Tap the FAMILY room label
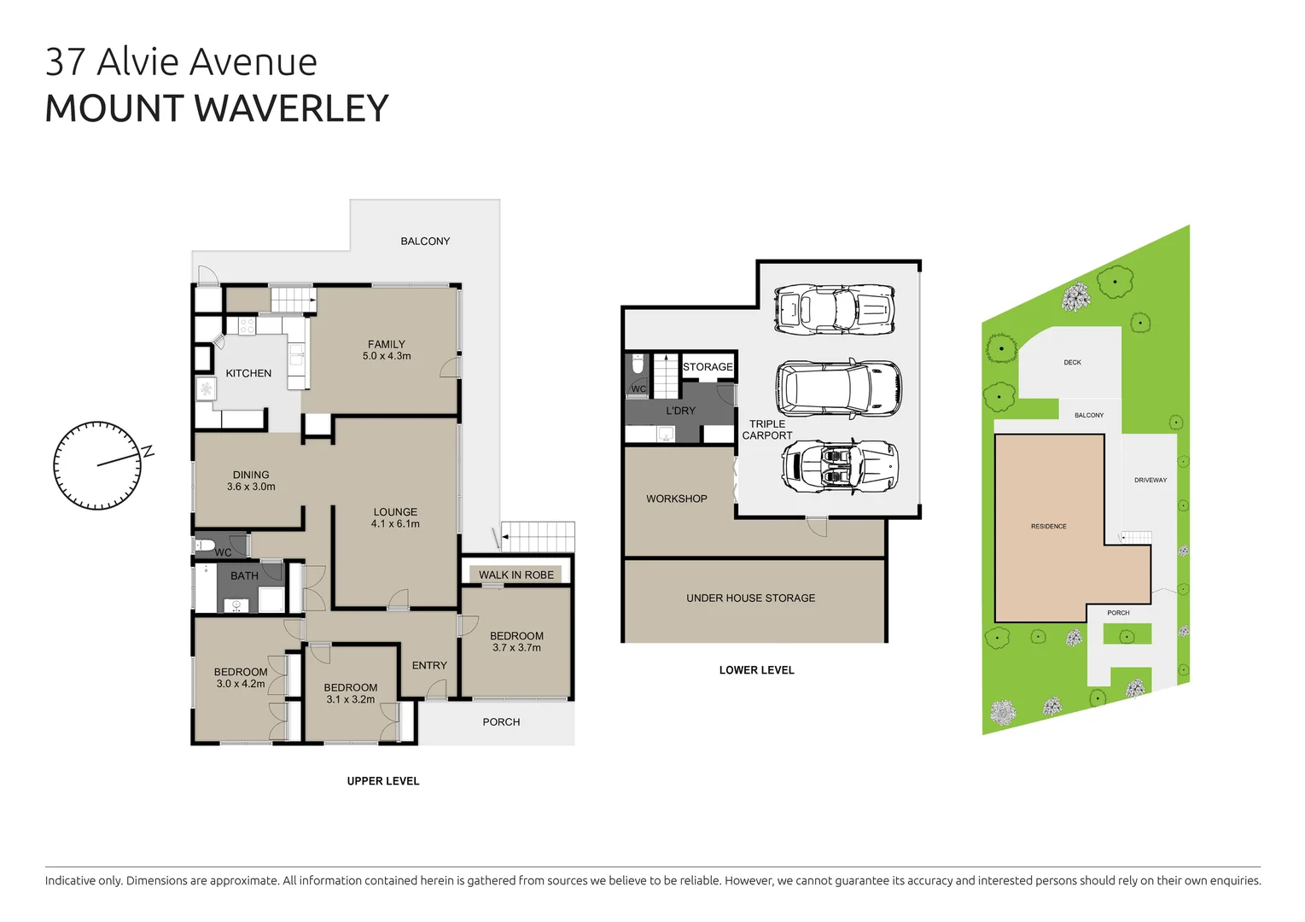387,350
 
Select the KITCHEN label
248,373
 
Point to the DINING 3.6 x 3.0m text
251,481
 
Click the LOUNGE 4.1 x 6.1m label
395,518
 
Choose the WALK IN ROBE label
516,575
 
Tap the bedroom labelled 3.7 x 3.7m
516,642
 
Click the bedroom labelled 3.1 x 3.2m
350,693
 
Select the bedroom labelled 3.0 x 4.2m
241,678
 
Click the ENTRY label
429,665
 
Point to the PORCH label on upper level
501,722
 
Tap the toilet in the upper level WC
205,545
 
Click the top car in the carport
834,308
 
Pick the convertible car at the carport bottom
839,466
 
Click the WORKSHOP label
676,499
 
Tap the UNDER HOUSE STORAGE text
750,598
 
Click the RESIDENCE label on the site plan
1048,527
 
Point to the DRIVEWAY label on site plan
1150,480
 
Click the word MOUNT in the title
114,109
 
